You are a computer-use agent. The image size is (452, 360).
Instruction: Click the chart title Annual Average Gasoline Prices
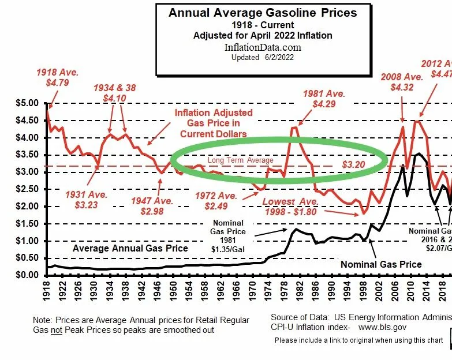coord(262,13)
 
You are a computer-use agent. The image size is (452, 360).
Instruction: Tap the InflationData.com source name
coord(263,47)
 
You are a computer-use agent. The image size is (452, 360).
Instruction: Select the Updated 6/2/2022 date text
coord(262,58)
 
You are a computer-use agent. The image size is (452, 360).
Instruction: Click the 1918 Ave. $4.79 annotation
coord(57,78)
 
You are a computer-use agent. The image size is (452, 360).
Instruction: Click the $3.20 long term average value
coord(354,165)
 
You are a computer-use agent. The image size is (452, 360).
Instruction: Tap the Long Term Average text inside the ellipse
coord(241,160)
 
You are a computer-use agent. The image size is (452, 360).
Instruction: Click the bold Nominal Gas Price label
coord(381,264)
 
